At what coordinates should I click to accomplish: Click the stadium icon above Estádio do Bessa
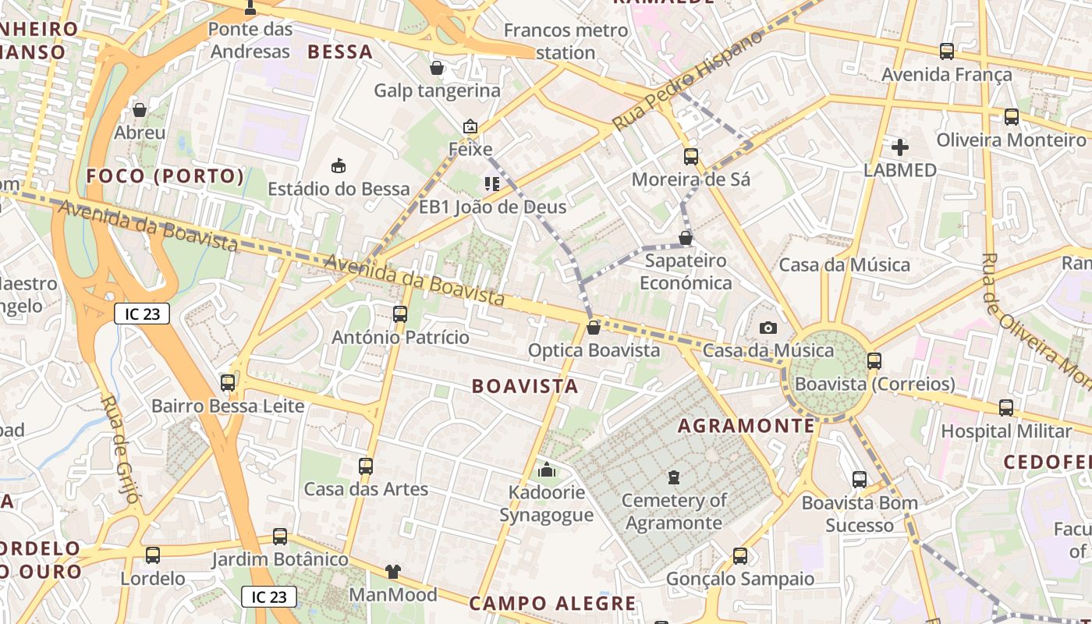click(x=339, y=165)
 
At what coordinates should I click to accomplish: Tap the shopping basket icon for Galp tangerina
click(x=437, y=68)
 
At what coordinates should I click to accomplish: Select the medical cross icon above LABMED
click(x=900, y=147)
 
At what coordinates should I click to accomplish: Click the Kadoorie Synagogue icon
click(x=547, y=470)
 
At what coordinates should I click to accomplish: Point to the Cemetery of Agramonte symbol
click(x=674, y=477)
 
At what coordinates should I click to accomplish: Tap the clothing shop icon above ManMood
click(x=392, y=572)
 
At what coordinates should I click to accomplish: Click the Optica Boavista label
click(x=594, y=350)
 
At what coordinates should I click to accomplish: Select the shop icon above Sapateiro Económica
click(x=686, y=238)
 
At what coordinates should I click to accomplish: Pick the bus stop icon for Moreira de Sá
click(x=690, y=157)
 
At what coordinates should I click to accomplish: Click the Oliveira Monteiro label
click(x=1011, y=140)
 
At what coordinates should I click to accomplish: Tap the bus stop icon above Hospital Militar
click(x=1006, y=408)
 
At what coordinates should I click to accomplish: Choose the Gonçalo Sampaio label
click(x=740, y=579)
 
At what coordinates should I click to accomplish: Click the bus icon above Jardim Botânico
click(x=280, y=537)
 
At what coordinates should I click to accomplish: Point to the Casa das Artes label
click(x=366, y=490)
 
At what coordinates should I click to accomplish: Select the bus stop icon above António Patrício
click(x=400, y=314)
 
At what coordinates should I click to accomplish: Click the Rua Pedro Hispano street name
click(x=686, y=82)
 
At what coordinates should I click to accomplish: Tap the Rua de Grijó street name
click(x=122, y=448)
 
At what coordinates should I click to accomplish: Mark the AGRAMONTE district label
click(x=746, y=426)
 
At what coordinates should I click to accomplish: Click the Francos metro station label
click(x=565, y=41)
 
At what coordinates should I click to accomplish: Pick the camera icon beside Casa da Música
click(x=768, y=328)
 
